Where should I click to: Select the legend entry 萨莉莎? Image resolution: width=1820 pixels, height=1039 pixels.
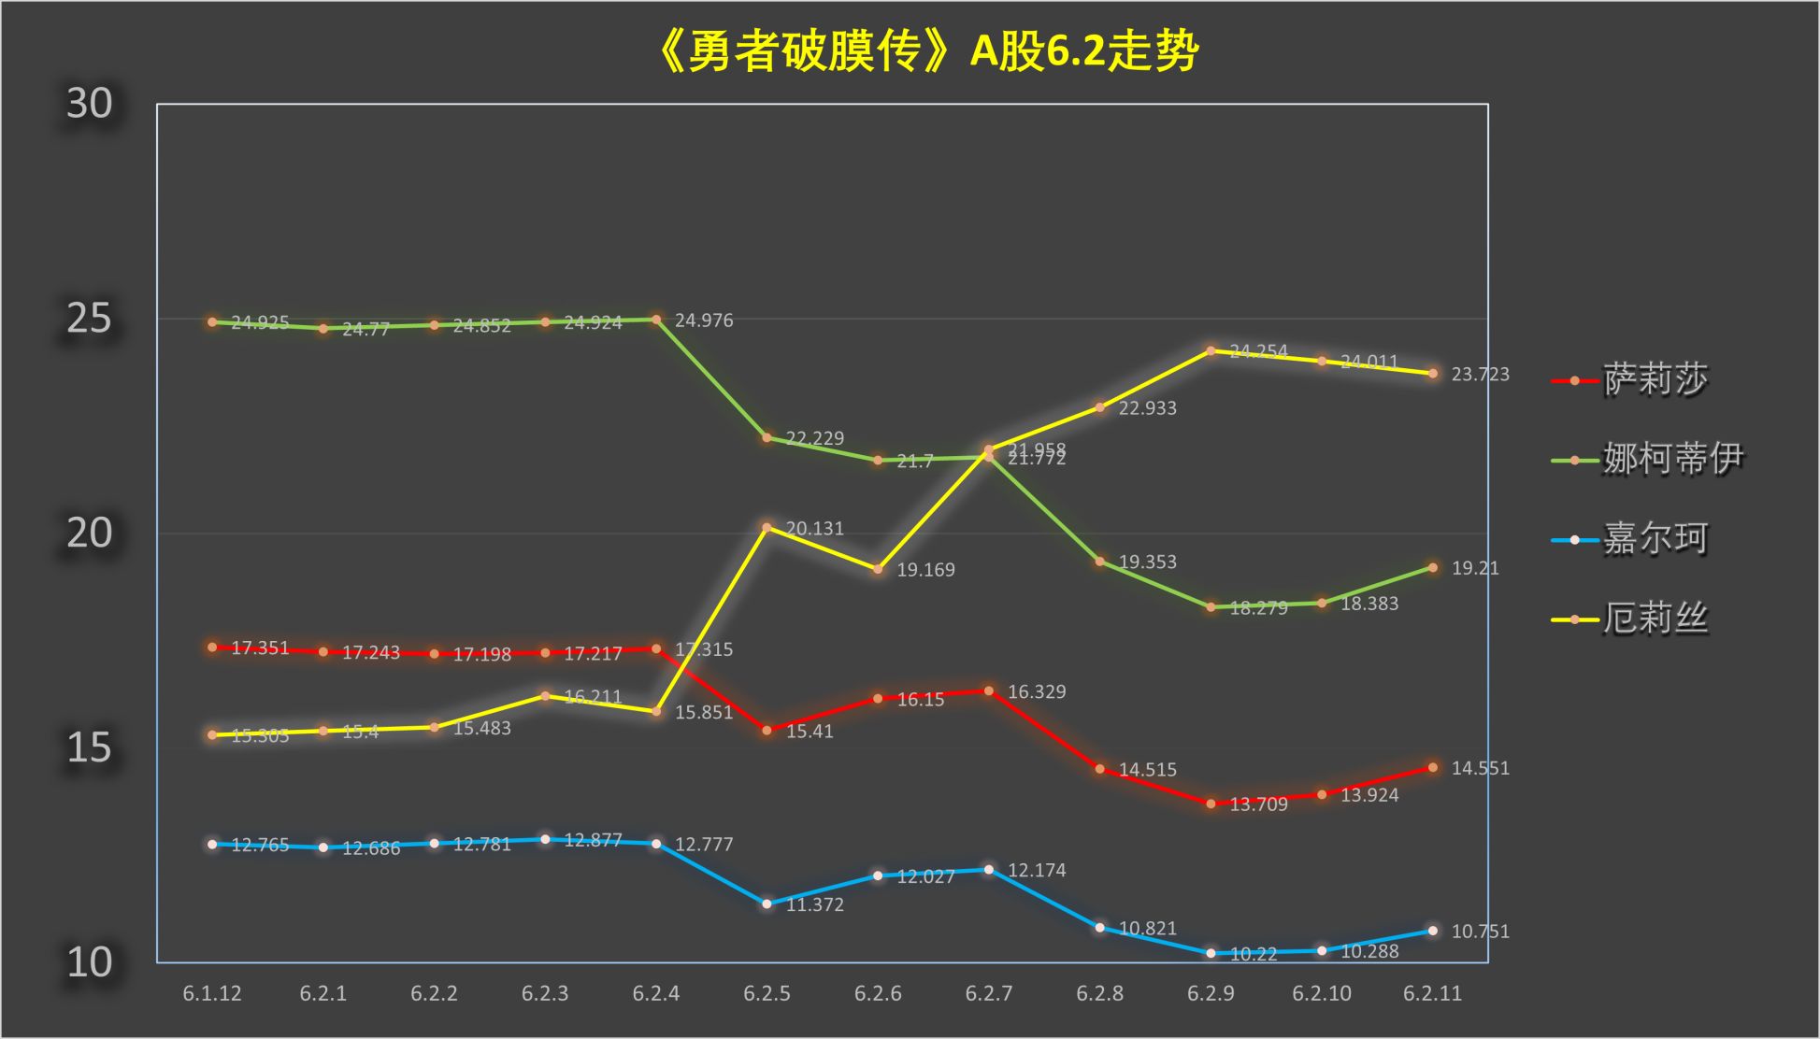[x=1655, y=379]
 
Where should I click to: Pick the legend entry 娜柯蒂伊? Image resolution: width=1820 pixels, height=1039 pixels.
[x=1672, y=459]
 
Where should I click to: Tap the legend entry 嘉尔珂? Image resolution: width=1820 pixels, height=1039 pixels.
[x=1655, y=539]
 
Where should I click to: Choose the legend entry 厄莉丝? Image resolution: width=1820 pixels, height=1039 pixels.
[x=1655, y=619]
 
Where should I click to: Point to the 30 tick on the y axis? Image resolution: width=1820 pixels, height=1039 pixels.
[x=89, y=104]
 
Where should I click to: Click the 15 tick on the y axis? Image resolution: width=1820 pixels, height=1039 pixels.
[x=89, y=747]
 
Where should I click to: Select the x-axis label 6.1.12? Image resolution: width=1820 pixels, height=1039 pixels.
[x=212, y=993]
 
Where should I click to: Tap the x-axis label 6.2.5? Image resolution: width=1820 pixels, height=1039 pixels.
[x=767, y=993]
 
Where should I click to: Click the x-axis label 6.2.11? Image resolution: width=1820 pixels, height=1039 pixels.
[x=1432, y=993]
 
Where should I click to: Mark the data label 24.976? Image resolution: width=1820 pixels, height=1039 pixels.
[x=704, y=320]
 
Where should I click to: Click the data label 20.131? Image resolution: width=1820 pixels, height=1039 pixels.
[x=814, y=529]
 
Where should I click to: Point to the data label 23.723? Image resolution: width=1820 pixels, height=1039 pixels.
[x=1480, y=375]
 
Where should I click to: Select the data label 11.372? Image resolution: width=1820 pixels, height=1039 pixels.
[x=814, y=904]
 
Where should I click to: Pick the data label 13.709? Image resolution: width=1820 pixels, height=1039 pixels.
[x=1258, y=804]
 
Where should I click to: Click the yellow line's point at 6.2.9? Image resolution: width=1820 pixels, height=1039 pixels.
[x=1211, y=351]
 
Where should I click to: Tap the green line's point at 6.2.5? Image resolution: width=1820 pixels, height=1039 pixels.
[x=767, y=437]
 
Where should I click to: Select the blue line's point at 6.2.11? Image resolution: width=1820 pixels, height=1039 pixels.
[x=1433, y=931]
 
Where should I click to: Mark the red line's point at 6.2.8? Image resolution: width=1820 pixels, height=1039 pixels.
[x=1099, y=769]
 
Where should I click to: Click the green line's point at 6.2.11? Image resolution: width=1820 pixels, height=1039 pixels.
[x=1433, y=567]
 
